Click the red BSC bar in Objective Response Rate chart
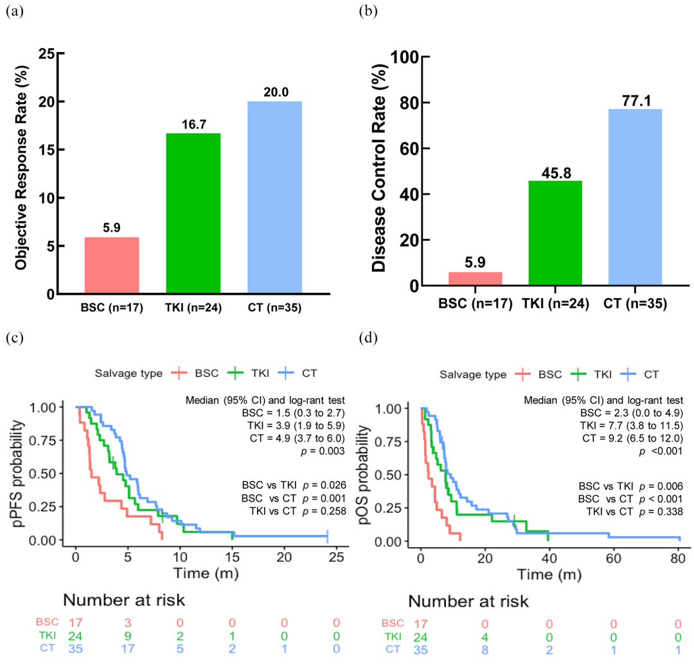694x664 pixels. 112,265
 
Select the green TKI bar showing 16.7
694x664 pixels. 193,213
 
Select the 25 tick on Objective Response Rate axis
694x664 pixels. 44,53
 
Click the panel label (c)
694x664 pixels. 13,337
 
